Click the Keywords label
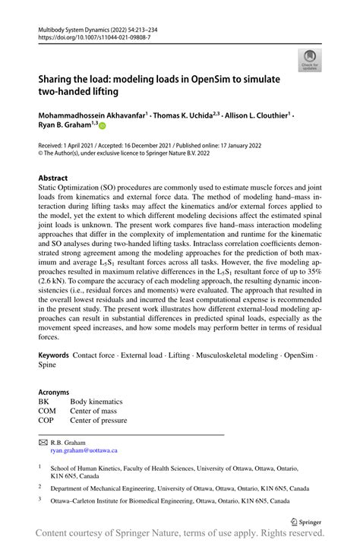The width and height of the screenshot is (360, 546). click(x=54, y=355)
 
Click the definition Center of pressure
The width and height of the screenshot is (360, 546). click(x=99, y=420)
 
